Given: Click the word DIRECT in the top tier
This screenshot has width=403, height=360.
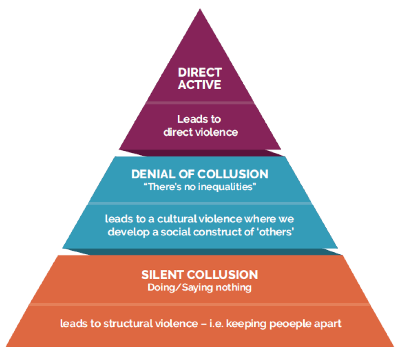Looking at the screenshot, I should pyautogui.click(x=200, y=73).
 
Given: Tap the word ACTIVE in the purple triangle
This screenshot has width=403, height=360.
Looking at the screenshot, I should pyautogui.click(x=200, y=85).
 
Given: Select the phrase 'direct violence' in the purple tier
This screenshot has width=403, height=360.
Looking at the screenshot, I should pyautogui.click(x=201, y=132).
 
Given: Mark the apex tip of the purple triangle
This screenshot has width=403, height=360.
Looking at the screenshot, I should pyautogui.click(x=200, y=10).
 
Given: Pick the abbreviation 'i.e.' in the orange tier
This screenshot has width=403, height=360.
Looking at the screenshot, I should pyautogui.click(x=214, y=324).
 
